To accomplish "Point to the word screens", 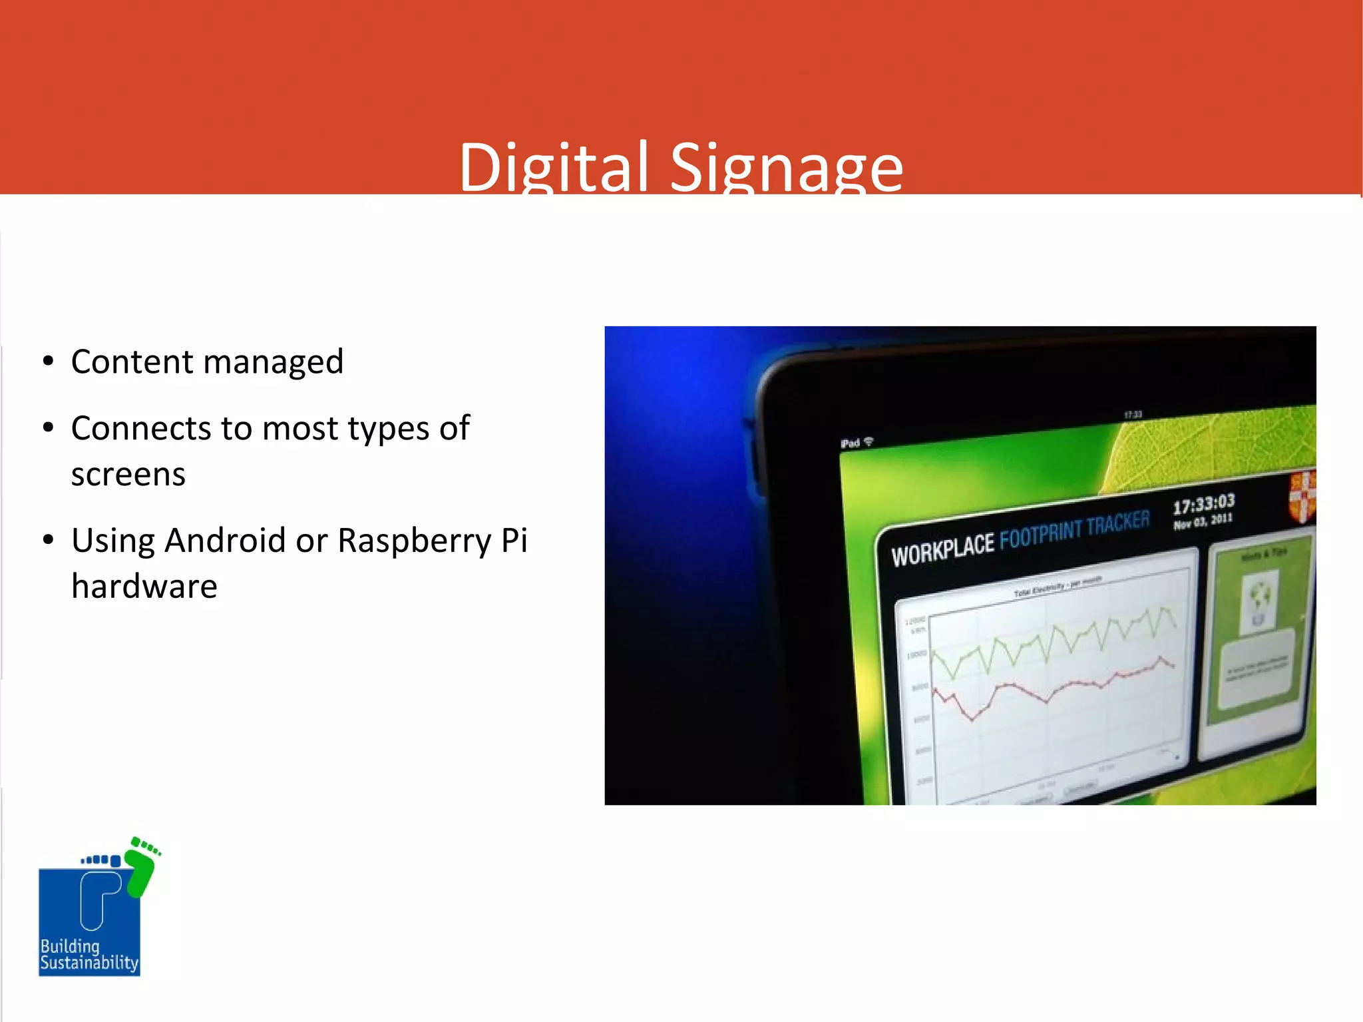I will (x=128, y=475).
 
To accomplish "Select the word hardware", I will (x=144, y=587).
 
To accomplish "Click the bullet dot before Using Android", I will (x=48, y=539).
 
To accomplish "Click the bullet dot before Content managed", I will (x=48, y=361).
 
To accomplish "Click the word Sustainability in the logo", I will (x=89, y=963).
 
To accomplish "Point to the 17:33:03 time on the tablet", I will (x=1203, y=505).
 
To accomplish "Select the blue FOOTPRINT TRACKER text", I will (x=1074, y=530).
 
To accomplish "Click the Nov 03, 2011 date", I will (x=1203, y=521).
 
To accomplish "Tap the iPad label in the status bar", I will (x=850, y=443).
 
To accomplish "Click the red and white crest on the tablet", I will (x=1302, y=495).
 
